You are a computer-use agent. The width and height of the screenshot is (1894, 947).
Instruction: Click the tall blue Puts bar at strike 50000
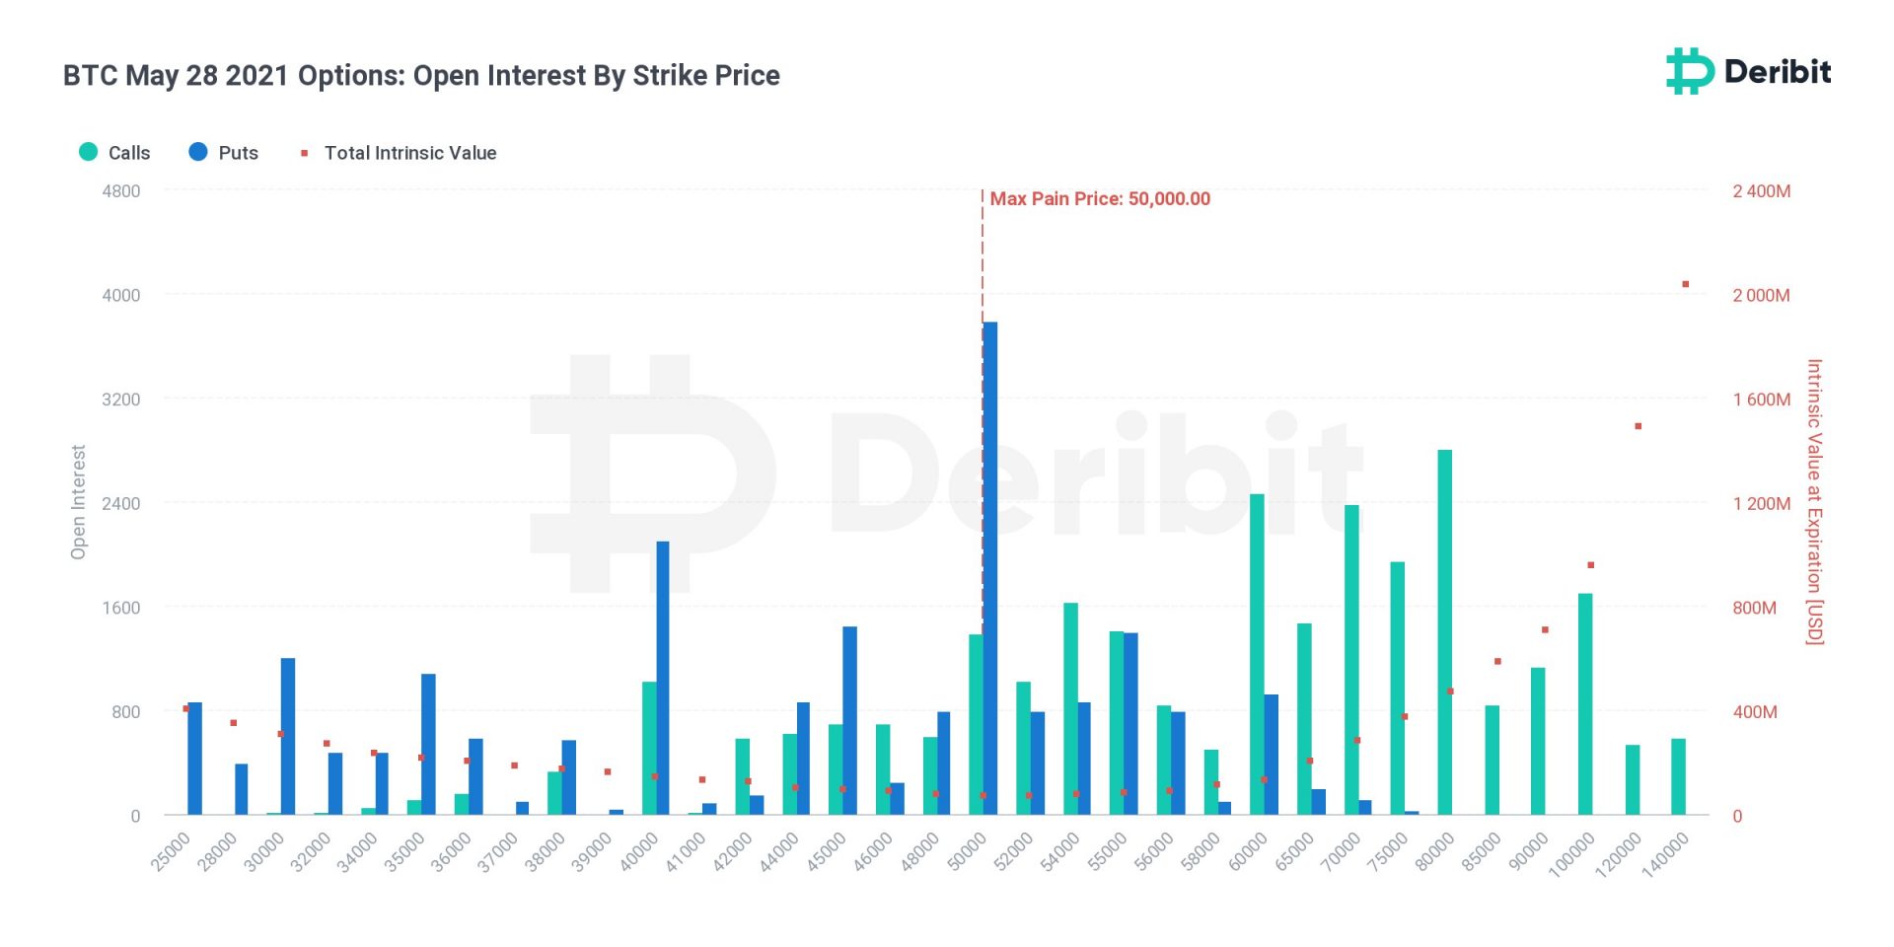[x=989, y=567]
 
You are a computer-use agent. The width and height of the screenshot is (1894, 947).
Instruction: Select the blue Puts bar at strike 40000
[x=663, y=678]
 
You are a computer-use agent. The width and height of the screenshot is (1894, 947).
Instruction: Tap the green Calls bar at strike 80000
[x=1444, y=631]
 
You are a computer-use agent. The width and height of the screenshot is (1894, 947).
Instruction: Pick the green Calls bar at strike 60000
[x=1257, y=654]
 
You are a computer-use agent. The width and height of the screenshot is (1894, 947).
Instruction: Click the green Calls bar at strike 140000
[x=1678, y=776]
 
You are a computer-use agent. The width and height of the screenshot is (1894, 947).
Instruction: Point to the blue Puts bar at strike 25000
[x=194, y=758]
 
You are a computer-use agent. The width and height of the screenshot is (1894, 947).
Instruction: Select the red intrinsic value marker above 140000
[x=1686, y=284]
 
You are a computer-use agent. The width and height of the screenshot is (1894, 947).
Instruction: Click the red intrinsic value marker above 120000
[x=1639, y=426]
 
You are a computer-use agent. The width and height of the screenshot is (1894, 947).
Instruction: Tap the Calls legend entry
[x=114, y=153]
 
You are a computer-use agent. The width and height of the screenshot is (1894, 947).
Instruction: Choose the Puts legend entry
[x=224, y=153]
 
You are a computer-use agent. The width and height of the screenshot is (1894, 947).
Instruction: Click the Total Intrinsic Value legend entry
[x=399, y=153]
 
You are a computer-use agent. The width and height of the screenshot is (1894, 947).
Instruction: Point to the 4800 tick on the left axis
[x=121, y=191]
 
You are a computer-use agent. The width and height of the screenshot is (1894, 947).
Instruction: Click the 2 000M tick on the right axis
[x=1761, y=295]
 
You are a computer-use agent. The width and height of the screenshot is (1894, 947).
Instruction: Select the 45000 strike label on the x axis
[x=827, y=852]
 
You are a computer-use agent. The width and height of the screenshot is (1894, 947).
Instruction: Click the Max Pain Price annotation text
[x=1100, y=199]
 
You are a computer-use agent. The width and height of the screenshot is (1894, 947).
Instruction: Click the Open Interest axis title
[x=79, y=502]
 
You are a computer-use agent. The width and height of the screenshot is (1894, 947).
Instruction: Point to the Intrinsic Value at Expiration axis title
[x=1814, y=502]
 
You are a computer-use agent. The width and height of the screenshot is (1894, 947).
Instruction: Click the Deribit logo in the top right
[x=1748, y=71]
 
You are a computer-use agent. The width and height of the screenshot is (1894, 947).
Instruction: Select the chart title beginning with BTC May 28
[x=421, y=76]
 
